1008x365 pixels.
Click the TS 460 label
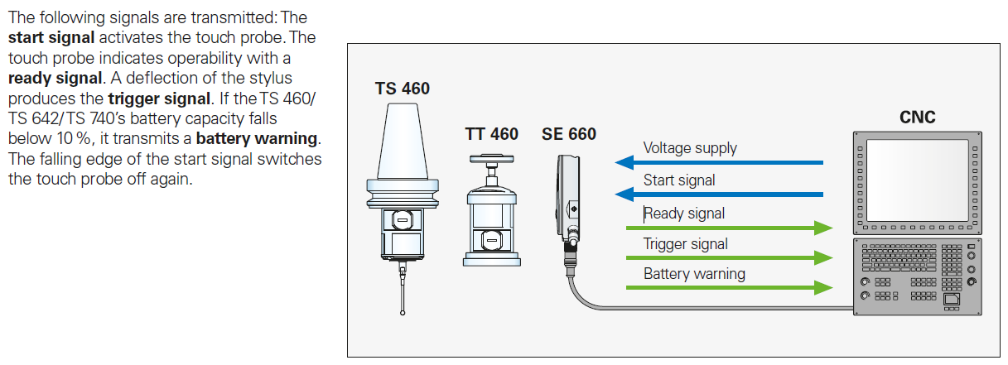click(402, 88)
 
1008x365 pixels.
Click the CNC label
click(917, 118)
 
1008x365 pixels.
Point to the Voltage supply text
click(690, 148)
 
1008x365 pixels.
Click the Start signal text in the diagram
click(679, 180)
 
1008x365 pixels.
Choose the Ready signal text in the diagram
click(684, 213)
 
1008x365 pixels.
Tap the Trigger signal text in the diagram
click(686, 243)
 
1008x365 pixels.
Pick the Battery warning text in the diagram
click(694, 273)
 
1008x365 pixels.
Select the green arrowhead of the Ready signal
click(822, 228)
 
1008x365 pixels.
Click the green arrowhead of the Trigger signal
click(822, 257)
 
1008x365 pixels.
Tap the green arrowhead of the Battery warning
click(822, 288)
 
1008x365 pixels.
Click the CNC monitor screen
click(917, 178)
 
